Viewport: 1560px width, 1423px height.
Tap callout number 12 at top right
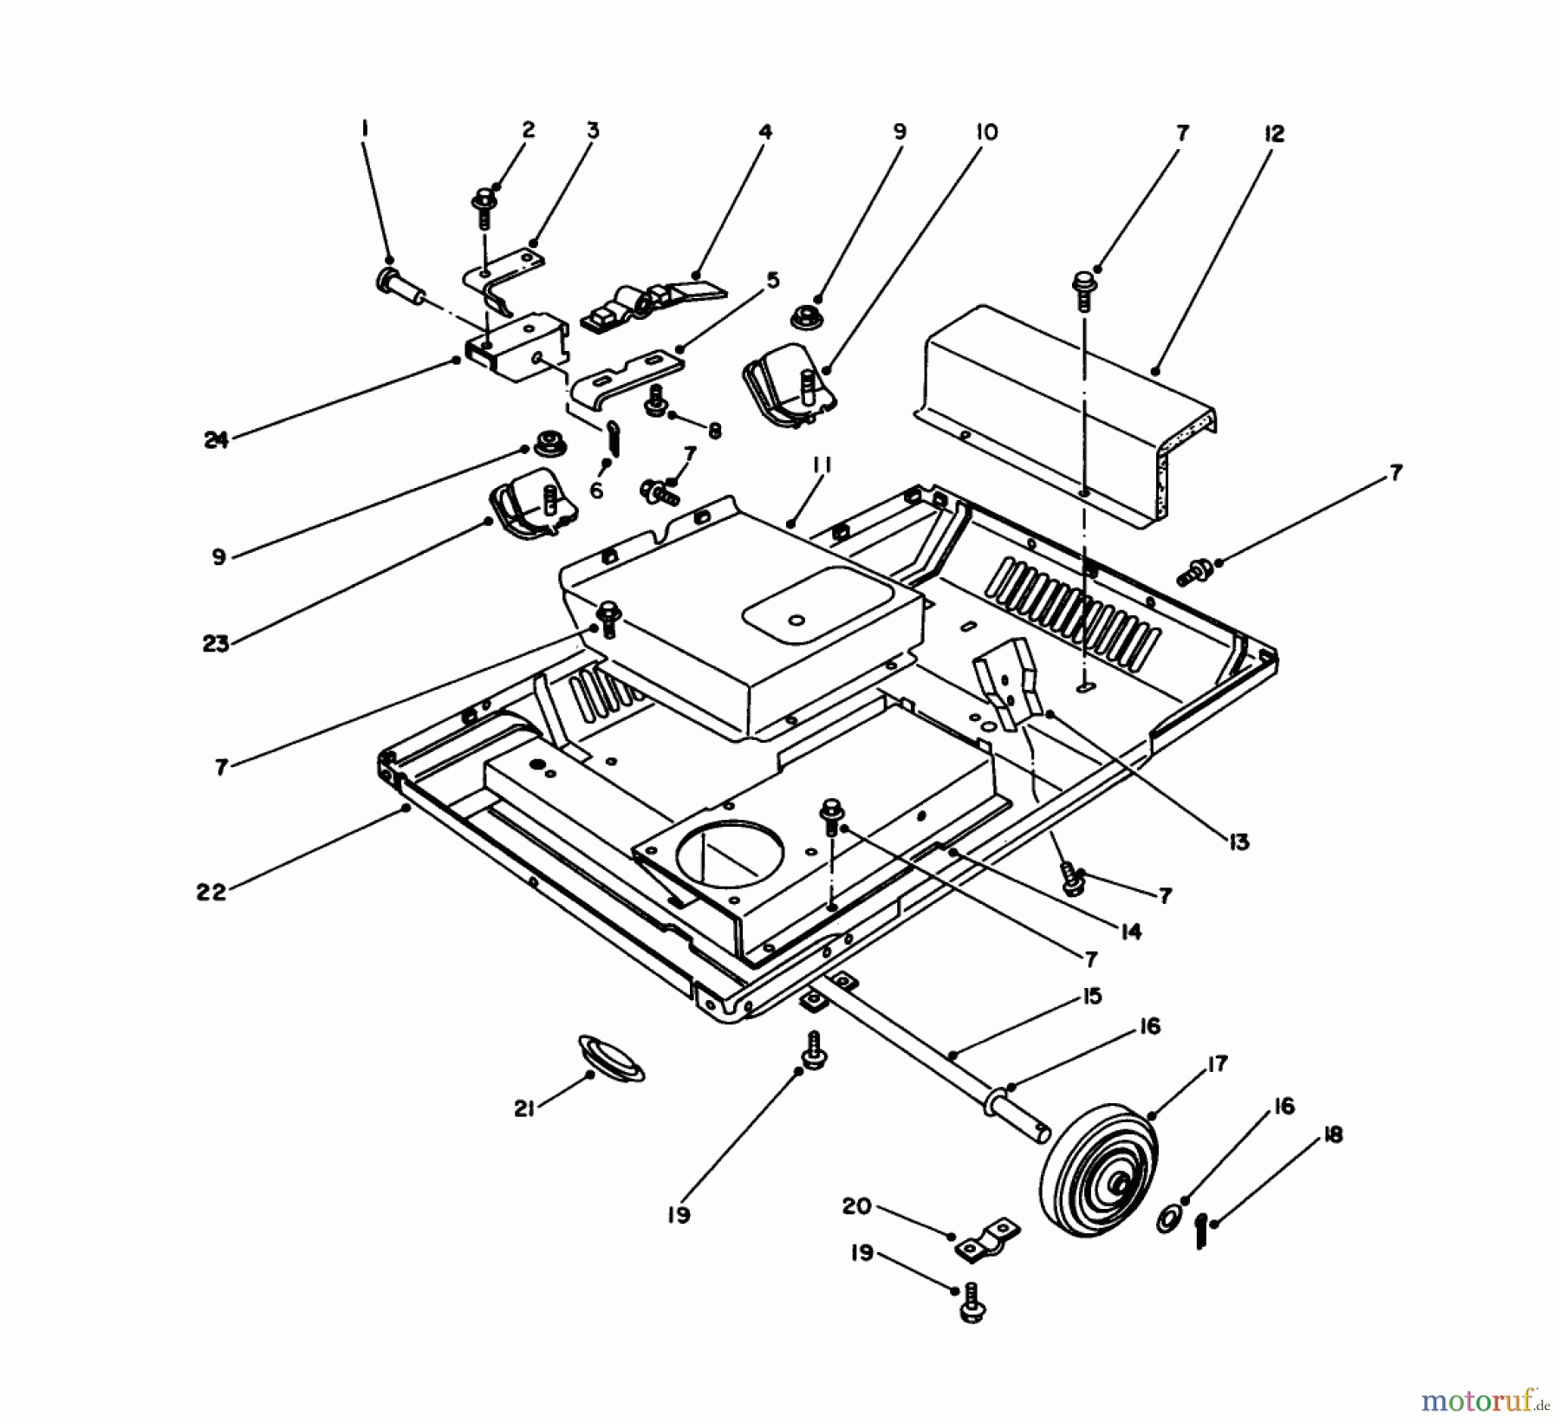[1274, 134]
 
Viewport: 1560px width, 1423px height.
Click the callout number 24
[216, 440]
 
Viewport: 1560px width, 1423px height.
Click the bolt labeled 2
[483, 208]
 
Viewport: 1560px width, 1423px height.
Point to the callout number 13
[1238, 841]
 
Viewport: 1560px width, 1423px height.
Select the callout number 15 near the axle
[1091, 996]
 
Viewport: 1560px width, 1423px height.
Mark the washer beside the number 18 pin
[1167, 1223]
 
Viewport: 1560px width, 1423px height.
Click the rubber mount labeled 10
[789, 394]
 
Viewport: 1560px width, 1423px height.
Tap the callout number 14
[1129, 932]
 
